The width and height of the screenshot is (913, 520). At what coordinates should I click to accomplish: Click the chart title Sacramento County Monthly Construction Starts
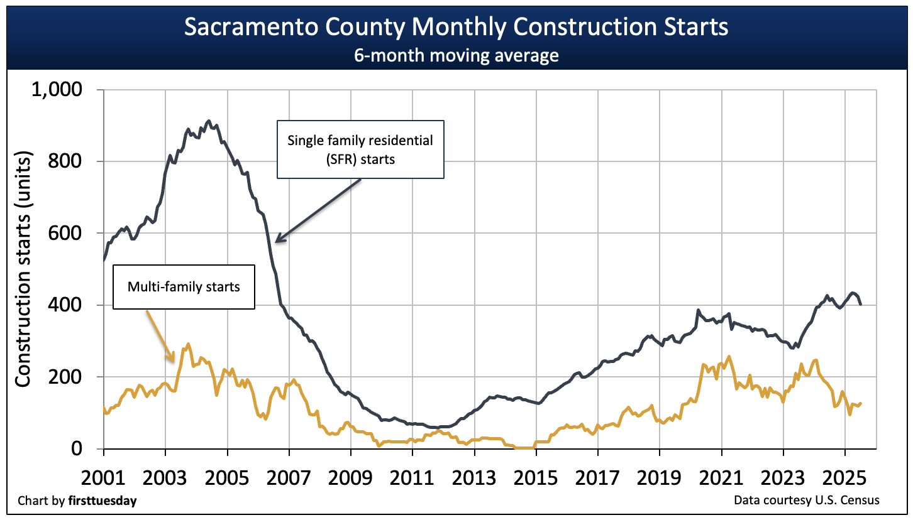[456, 28]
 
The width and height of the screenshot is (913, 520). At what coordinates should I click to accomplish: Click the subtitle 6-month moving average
[456, 55]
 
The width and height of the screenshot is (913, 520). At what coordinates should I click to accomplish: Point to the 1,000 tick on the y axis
[57, 90]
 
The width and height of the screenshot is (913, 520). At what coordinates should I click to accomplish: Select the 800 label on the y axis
[67, 161]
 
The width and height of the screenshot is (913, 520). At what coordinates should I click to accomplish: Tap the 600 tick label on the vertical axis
[67, 233]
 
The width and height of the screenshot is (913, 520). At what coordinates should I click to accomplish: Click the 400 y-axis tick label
[67, 305]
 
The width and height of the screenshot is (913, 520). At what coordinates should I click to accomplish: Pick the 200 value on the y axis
[67, 377]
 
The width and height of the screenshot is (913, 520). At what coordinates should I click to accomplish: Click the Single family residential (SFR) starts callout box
[360, 149]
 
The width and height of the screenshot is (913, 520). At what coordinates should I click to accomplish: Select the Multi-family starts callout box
[184, 287]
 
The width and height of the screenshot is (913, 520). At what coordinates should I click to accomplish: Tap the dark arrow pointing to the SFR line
[318, 210]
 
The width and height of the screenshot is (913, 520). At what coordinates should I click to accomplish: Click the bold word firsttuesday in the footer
[106, 501]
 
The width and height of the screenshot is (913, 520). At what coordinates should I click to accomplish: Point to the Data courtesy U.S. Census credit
[806, 500]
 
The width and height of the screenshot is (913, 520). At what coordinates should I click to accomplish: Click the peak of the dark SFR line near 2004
[209, 121]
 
